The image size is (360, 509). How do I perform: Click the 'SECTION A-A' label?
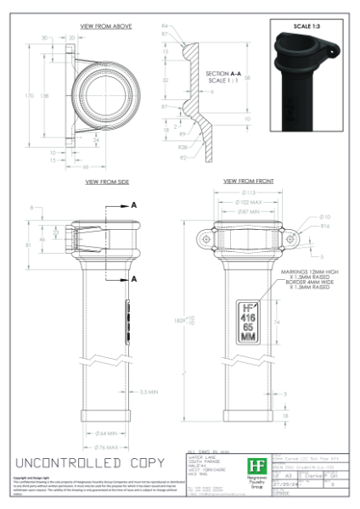(223, 74)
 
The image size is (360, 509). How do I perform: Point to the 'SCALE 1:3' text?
(306, 26)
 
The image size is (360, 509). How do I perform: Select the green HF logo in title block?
(254, 466)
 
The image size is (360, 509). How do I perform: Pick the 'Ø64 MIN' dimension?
(108, 433)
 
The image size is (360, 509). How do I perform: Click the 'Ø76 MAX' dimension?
(108, 445)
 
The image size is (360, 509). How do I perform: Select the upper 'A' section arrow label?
(133, 204)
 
